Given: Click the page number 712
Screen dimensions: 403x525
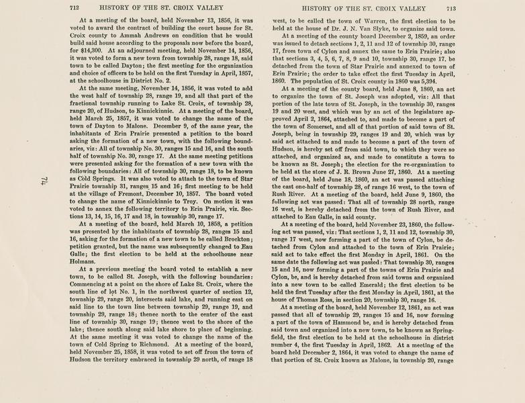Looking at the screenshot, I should coord(74,9).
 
